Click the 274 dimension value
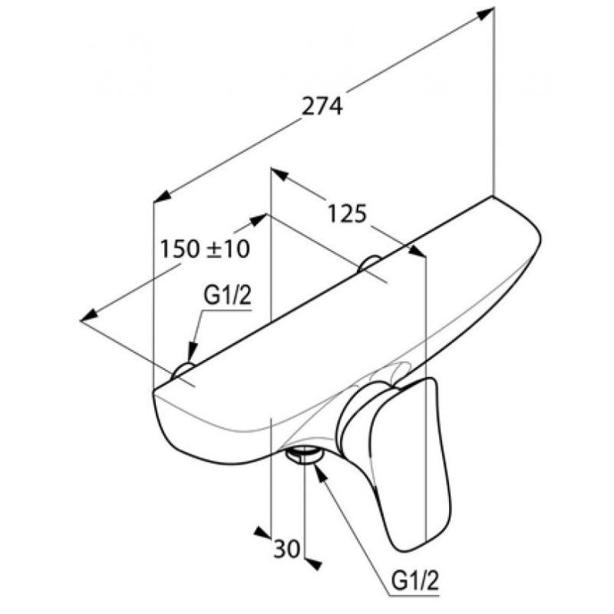pos(322,106)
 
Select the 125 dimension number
pos(347,214)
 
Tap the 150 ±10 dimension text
pos(205,249)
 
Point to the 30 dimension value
pos(286,548)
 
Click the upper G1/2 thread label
pos(227,296)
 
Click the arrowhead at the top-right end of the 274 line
pos(486,14)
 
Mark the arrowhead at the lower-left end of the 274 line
pos(162,196)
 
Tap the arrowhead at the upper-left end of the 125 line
pos(279,174)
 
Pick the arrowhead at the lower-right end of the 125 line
pos(417,251)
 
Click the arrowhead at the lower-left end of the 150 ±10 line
pos(89,315)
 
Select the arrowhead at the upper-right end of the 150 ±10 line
pos(259,220)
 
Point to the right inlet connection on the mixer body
pos(369,262)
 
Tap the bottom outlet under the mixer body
pos(304,456)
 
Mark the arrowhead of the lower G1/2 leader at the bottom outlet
pos(320,471)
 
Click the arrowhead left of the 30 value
pos(262,532)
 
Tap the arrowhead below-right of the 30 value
pos(313,564)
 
